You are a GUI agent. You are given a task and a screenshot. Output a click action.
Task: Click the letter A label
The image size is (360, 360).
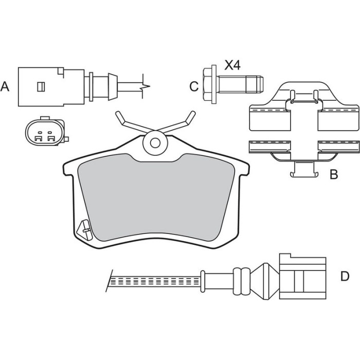(5, 87)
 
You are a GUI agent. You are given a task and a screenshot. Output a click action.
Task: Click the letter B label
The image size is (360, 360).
(334, 174)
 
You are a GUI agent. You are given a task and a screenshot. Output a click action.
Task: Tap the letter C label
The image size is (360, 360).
(194, 86)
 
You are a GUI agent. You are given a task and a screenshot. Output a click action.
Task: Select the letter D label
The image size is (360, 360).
(345, 276)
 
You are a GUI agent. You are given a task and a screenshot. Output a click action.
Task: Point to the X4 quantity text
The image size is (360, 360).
(232, 65)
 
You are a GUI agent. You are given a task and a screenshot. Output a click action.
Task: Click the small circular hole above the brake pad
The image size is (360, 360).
(155, 143)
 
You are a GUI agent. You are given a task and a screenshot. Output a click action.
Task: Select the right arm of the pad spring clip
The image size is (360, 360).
(177, 122)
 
